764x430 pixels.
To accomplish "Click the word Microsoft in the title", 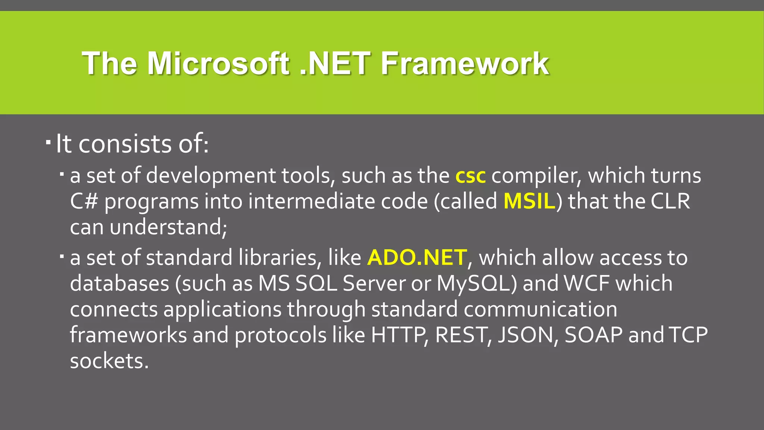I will (218, 63).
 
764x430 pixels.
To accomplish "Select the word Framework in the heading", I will (464, 63).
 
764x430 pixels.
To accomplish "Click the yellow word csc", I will (470, 176).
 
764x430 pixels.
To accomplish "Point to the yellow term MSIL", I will (529, 202).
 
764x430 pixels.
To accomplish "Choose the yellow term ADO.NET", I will (417, 258).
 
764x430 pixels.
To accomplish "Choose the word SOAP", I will (594, 335).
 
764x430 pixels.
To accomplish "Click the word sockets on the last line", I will (109, 361).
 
